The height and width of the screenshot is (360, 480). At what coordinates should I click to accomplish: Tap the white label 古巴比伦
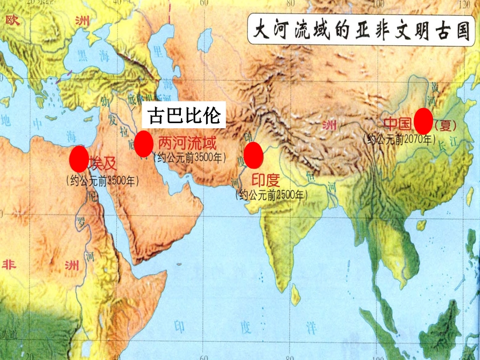tap(183, 116)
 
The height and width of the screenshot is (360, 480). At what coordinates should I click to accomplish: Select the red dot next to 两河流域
tap(143, 143)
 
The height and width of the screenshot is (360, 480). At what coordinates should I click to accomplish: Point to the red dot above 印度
tap(253, 155)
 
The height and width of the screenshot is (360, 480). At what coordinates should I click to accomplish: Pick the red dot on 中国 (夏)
tap(423, 121)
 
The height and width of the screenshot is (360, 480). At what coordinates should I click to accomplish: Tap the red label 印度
tap(266, 180)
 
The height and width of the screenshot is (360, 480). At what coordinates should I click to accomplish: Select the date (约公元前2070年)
tap(399, 138)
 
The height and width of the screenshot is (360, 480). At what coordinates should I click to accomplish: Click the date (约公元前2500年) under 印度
tap(273, 194)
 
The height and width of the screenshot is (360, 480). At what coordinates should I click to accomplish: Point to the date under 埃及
tap(102, 180)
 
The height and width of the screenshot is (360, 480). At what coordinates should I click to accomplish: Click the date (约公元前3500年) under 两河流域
tap(190, 157)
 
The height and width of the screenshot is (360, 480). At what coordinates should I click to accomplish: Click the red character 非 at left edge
tap(9, 265)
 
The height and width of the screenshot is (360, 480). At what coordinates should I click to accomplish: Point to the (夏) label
tap(446, 125)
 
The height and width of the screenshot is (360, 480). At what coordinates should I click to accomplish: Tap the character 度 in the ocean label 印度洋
tap(246, 327)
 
